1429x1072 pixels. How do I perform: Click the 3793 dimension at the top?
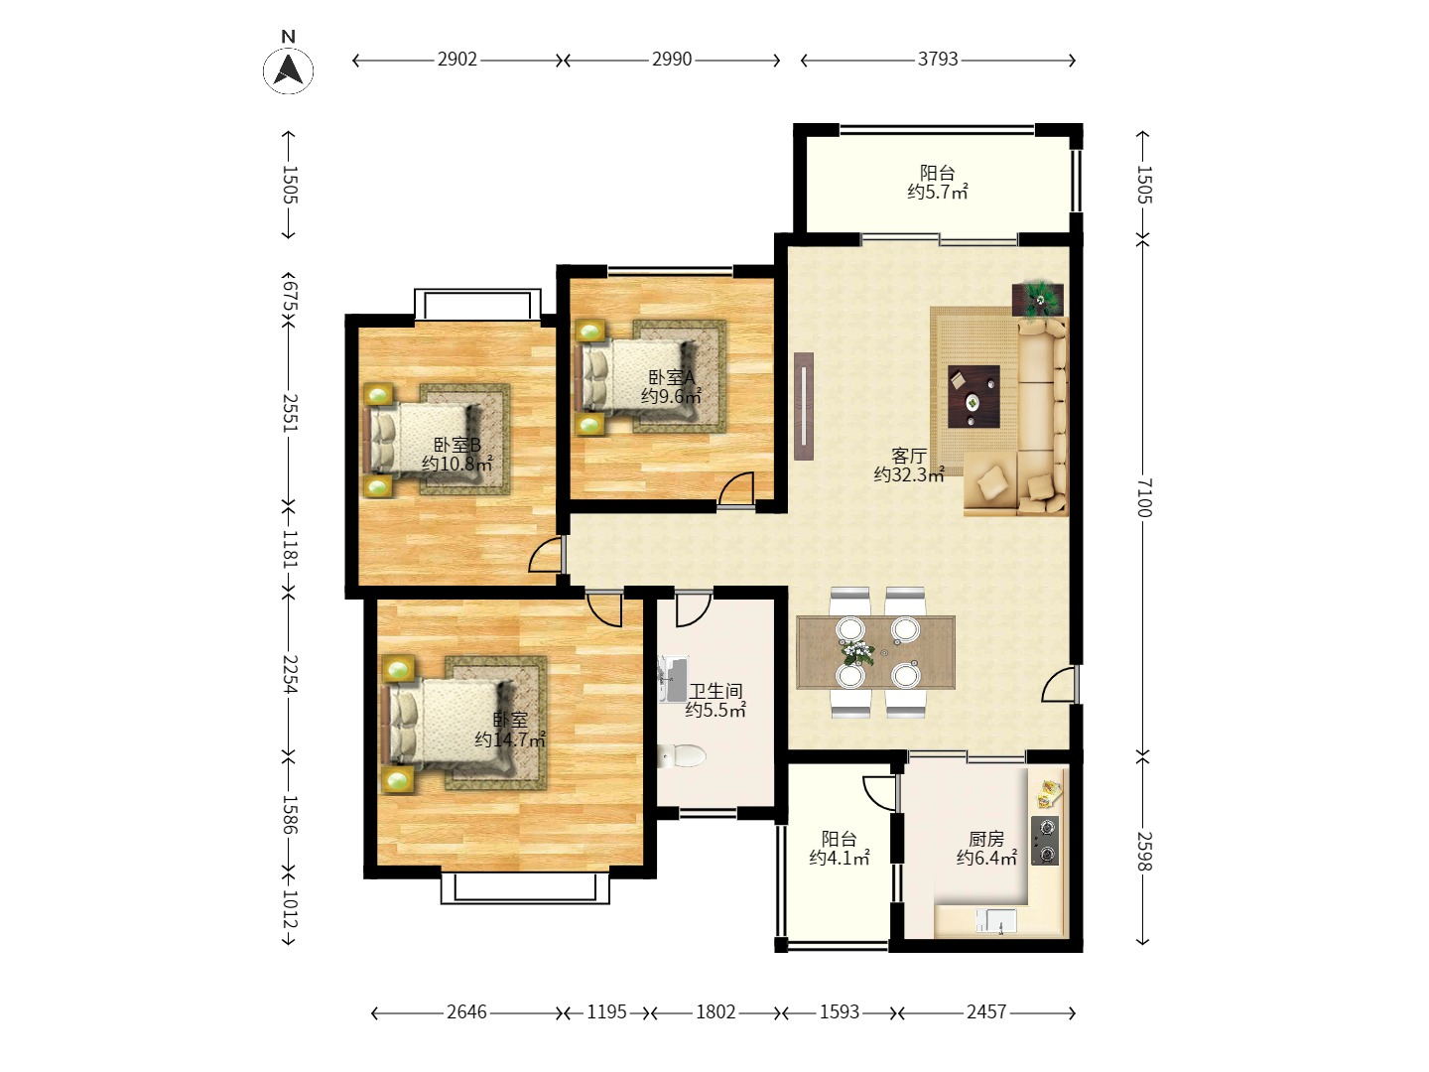coord(938,60)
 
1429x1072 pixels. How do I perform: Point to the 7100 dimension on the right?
coord(1144,497)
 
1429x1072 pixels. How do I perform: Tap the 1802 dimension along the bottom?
coord(715,1011)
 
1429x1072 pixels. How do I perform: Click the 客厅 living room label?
coord(909,456)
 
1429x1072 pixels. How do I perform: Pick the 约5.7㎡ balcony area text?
coord(938,192)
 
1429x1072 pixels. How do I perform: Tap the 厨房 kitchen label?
coord(986,839)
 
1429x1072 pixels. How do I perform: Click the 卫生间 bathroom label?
coord(715,691)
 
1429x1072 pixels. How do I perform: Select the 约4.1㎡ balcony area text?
coord(840,858)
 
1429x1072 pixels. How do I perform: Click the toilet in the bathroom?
coord(681,755)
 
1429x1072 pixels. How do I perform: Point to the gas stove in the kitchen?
coord(1045,841)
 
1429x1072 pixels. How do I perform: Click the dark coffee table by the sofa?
coord(974,396)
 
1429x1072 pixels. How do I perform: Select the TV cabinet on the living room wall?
coord(804,406)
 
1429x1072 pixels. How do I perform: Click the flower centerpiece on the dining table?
coord(857,652)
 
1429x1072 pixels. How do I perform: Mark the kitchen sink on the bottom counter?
coord(996,921)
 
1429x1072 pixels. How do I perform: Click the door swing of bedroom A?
coord(736,488)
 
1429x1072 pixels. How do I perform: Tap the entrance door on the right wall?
coord(1059,684)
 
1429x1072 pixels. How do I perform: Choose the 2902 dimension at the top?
coord(457,60)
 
